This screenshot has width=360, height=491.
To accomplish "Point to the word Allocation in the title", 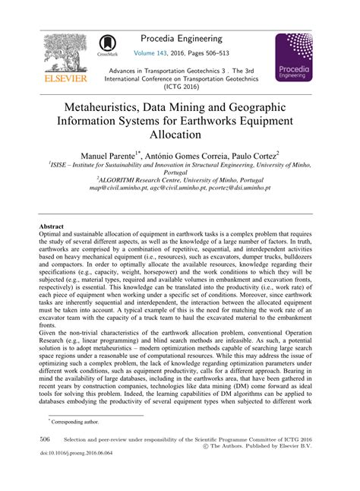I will pos(180,135).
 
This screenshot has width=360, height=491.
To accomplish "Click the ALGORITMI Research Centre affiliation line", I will pos(179,179).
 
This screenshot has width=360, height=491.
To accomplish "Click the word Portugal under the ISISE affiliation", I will pos(180,172).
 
